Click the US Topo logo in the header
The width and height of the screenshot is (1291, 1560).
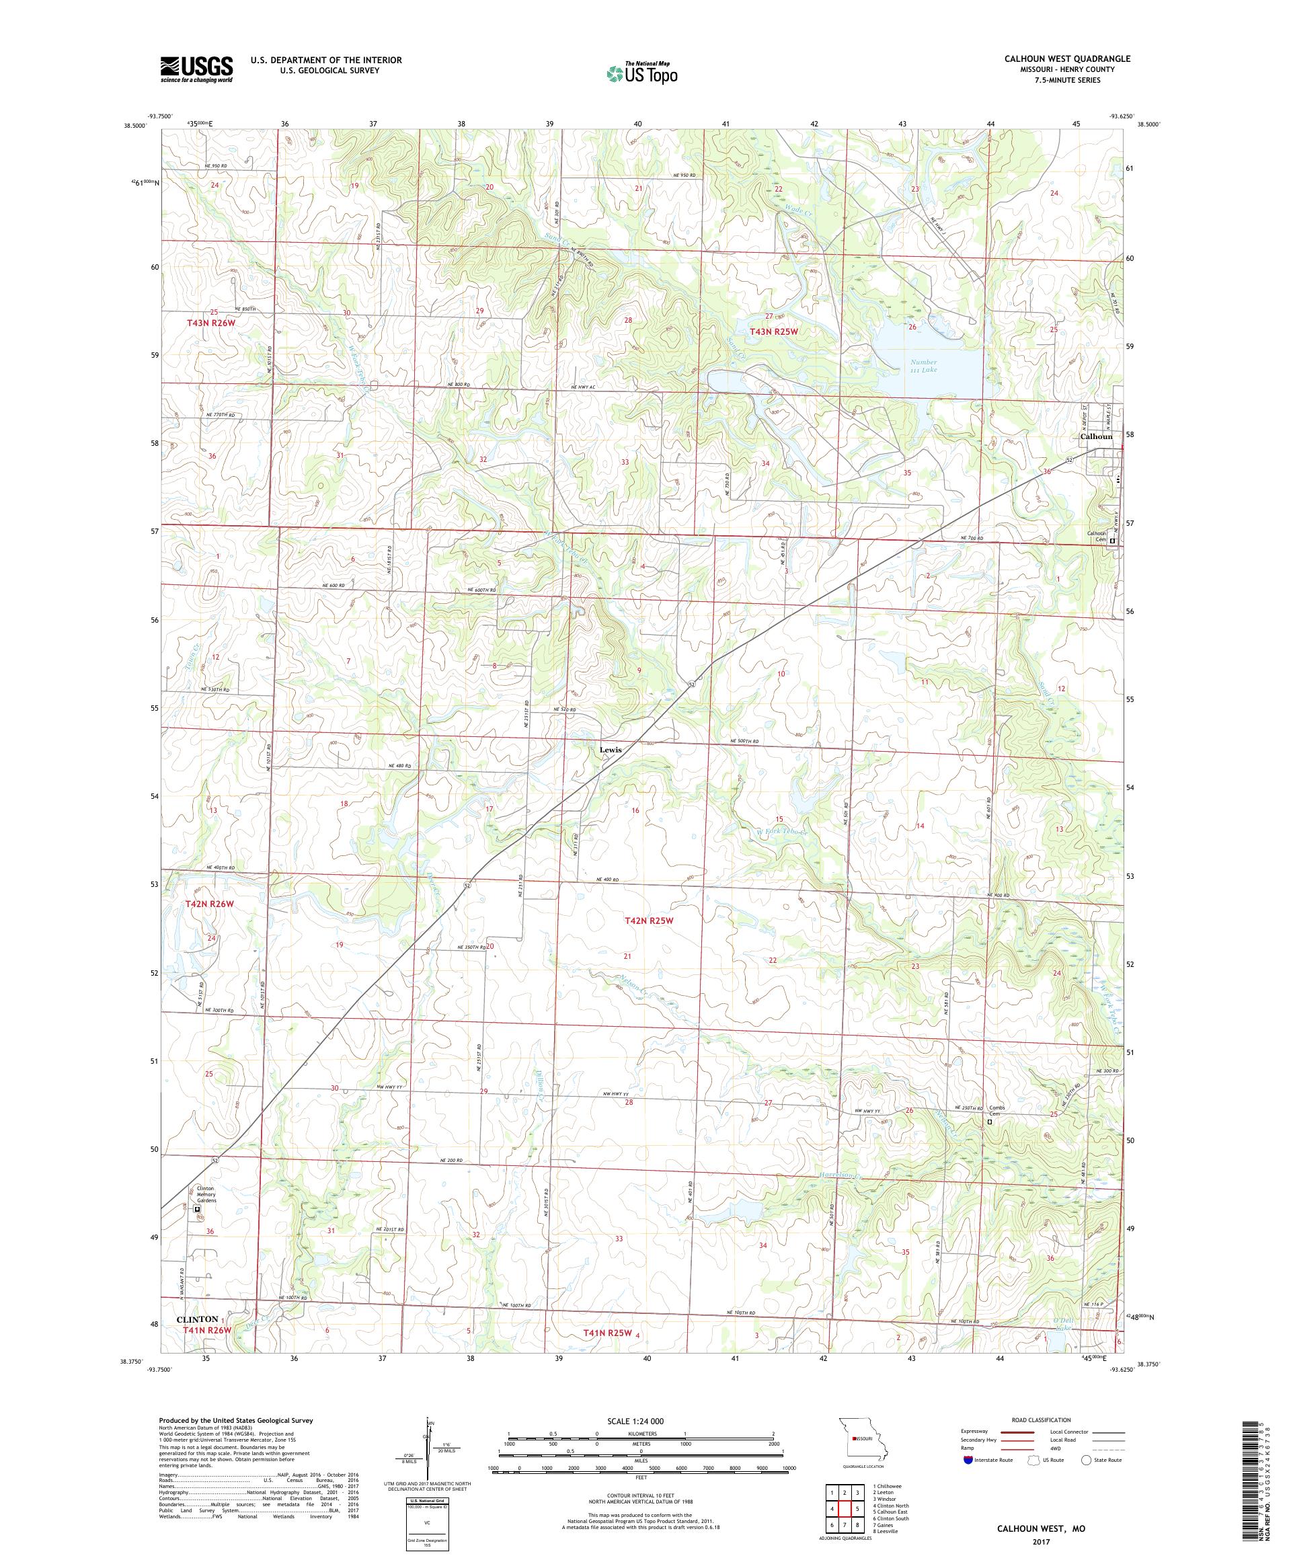click(643, 73)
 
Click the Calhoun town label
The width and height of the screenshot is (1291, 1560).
click(1095, 437)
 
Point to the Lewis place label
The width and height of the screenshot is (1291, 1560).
click(610, 750)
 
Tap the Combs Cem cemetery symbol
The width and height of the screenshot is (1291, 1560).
click(989, 1143)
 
